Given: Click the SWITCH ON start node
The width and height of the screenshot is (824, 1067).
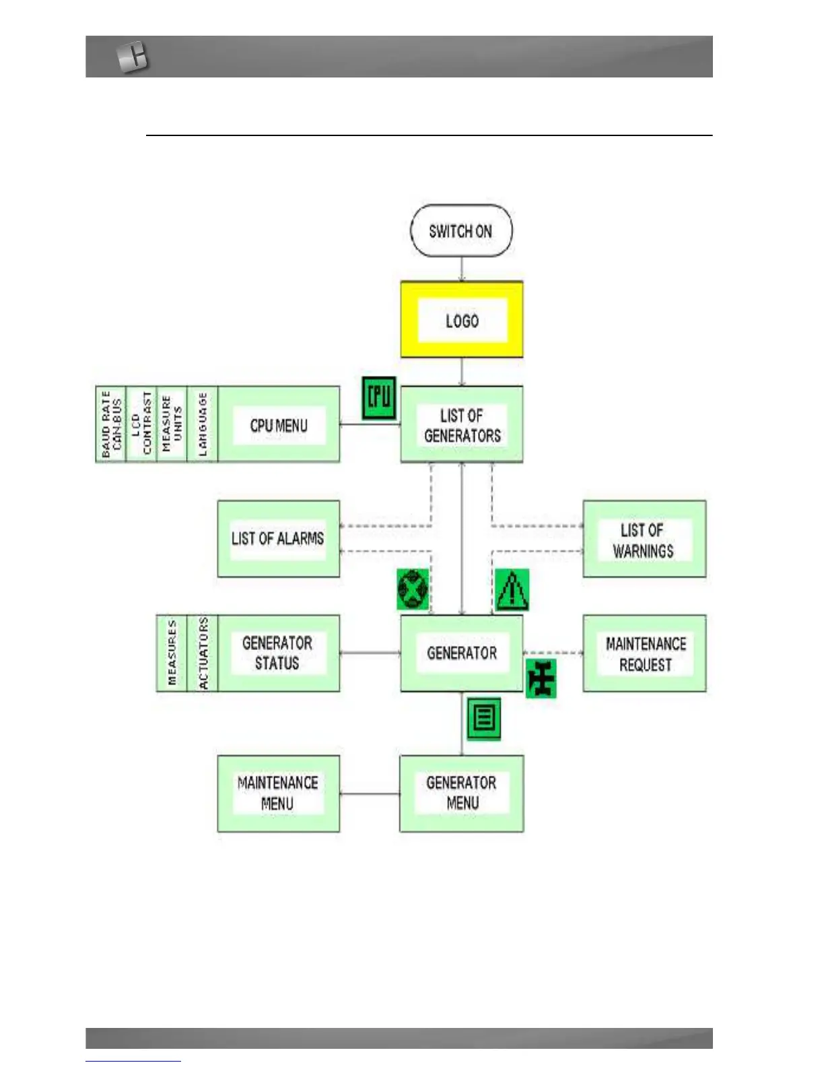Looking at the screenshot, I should coord(461,231).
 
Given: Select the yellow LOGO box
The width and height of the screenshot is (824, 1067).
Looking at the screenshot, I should coord(462,320).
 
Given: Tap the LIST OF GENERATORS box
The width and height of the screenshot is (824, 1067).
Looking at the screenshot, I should coord(462,425).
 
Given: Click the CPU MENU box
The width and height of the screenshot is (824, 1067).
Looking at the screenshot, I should coord(279,425).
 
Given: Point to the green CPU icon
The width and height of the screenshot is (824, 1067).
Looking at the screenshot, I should coord(379,398).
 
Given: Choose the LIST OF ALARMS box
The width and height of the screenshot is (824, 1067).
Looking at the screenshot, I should coord(278,539).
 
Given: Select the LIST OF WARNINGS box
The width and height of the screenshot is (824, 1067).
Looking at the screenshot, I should coord(644,540).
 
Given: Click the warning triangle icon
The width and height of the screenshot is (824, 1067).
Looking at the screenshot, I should coord(512,590).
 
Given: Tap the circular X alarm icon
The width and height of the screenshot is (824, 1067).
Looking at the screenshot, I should coord(412,589).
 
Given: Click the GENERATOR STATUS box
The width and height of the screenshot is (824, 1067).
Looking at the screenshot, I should coord(277,653).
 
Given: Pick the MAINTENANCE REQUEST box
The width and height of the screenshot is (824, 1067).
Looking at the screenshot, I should coord(645,653).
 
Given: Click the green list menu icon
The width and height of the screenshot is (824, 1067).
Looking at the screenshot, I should coord(484,718).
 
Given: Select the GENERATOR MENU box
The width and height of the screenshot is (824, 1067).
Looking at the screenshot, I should coord(462,794).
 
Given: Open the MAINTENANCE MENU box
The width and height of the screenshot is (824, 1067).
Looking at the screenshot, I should coord(278,794).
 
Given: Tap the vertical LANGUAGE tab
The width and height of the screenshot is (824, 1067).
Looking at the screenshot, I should coord(203,424).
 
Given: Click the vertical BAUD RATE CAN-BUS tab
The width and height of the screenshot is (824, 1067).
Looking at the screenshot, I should coord(111,424).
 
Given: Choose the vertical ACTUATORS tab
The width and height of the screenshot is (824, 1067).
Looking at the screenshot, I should coord(203,653).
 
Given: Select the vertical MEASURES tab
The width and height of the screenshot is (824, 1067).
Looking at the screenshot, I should coord(172,653).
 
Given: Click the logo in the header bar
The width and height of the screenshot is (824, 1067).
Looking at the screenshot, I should coord(132,57).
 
